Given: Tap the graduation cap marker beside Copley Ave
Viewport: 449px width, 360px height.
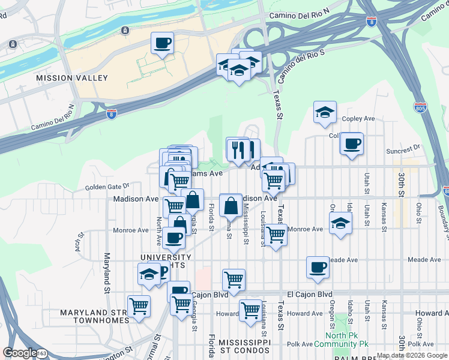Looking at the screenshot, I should click(x=325, y=112).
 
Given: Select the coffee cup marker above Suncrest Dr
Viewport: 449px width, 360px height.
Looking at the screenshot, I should click(x=352, y=144).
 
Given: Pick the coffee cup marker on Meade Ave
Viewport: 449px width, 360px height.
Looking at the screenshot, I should click(x=318, y=268).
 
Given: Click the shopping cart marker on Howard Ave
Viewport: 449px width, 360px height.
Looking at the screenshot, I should click(x=250, y=311).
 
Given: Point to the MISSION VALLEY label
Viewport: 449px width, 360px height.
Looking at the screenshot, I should click(x=72, y=78).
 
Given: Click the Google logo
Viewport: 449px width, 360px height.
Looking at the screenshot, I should click(x=20, y=353).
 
